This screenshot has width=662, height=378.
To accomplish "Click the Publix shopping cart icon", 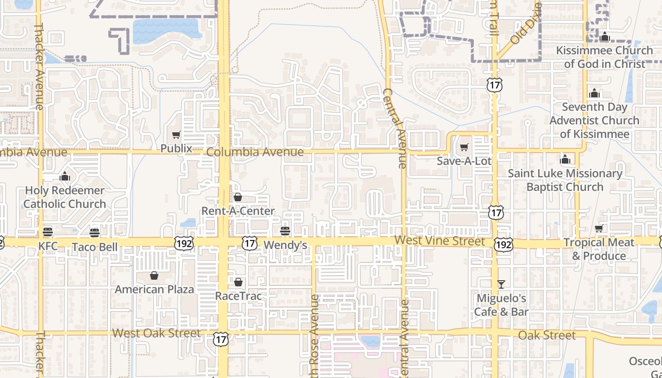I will point(176,135).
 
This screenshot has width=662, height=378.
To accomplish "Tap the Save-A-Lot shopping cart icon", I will point(464,147).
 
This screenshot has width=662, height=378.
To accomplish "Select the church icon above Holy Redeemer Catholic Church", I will point(65,176).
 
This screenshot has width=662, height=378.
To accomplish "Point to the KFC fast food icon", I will point(48,232).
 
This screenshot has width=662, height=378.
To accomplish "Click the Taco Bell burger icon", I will point(95,232).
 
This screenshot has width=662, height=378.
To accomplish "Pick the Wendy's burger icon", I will point(285,231).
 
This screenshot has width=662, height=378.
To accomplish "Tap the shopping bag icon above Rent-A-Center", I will point(238,197).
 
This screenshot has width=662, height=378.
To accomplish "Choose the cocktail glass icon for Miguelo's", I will point(501,284).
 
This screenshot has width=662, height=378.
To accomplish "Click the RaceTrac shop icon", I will point(238,282).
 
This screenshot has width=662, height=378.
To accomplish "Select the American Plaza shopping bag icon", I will point(154,275).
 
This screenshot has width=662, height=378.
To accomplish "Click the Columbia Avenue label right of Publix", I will point(255,152).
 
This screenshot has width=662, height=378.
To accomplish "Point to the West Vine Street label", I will point(440,241).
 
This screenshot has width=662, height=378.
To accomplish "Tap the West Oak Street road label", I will point(157,333).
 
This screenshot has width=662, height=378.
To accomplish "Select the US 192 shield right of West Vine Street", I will point(503,244).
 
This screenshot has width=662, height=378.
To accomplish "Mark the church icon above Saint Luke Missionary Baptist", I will point(565,159).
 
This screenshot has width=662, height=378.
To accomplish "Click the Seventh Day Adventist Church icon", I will point(594,93).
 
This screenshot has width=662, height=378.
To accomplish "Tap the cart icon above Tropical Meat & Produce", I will point(599,229).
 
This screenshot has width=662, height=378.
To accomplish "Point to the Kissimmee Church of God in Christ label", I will point(604,57).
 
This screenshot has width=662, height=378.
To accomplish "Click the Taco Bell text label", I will point(95,247).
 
